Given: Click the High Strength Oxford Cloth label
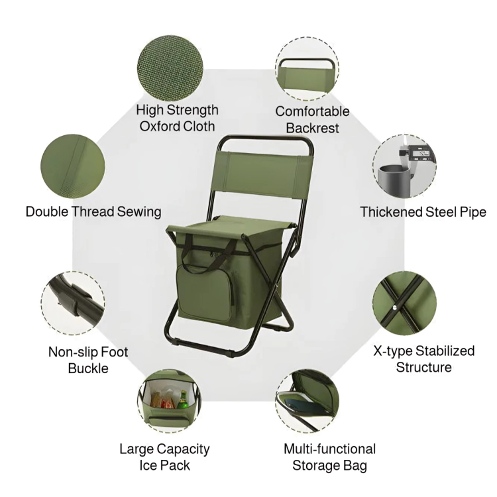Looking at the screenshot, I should pyautogui.click(x=177, y=117).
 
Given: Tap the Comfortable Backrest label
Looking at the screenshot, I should pyautogui.click(x=312, y=119).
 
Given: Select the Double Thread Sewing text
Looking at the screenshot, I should pyautogui.click(x=93, y=212).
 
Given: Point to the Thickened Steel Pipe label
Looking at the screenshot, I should pyautogui.click(x=423, y=212).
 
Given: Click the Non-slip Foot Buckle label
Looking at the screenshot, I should pyautogui.click(x=88, y=359).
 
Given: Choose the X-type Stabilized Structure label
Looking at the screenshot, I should pyautogui.click(x=424, y=359).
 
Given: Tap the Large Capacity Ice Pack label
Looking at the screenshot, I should pyautogui.click(x=164, y=457).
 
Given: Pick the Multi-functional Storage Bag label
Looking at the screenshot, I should pyautogui.click(x=329, y=457).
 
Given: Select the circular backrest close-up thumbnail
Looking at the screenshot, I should pyautogui.click(x=307, y=68).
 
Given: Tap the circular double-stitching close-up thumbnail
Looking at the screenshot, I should pyautogui.click(x=73, y=164).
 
